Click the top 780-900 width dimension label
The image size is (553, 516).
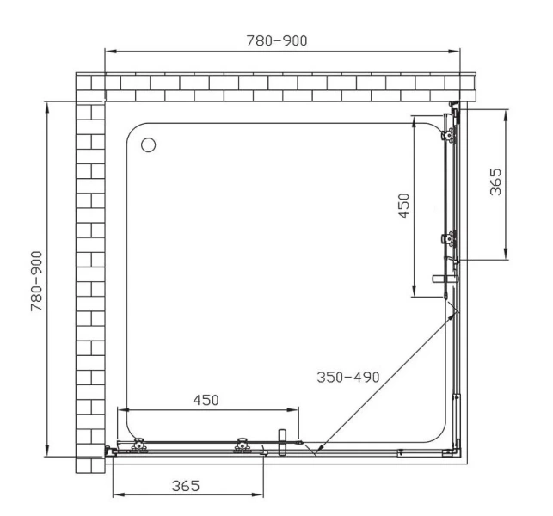pos(275,40)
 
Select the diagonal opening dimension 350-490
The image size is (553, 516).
pos(347,377)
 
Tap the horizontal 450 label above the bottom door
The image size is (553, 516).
pos(206,400)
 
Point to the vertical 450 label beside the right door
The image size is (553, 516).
pos(403,206)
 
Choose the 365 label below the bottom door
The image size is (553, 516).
pos(185,485)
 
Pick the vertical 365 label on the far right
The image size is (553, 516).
pos(496,182)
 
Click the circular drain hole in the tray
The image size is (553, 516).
pos(149,144)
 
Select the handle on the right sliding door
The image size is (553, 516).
pos(445,279)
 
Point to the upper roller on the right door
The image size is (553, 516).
pos(448,133)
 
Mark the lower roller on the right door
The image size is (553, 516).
pos(448,238)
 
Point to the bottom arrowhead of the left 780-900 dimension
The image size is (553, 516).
pos(48,455)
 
